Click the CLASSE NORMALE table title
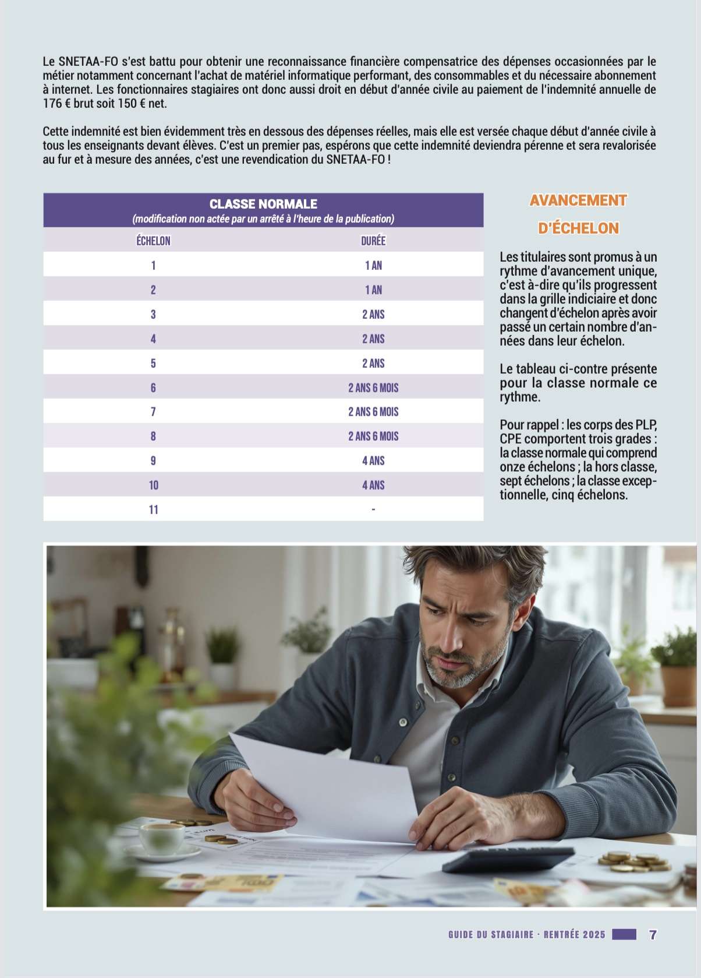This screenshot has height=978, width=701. point(263,204)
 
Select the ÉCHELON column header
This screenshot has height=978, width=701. point(153,241)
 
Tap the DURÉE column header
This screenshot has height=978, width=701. point(373,241)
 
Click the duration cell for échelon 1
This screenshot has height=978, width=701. point(373,266)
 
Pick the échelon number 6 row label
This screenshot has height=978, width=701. point(153,388)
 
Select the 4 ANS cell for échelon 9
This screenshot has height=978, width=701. point(373,461)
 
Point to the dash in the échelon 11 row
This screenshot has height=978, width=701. point(373,510)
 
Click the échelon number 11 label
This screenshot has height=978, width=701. point(153,510)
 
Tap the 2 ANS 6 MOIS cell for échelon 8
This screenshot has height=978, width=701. point(373,437)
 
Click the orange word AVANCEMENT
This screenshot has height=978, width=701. point(578,200)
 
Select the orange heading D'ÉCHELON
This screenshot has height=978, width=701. point(578,228)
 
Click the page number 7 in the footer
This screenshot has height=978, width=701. point(653,934)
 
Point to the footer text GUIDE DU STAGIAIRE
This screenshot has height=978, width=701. point(491,934)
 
